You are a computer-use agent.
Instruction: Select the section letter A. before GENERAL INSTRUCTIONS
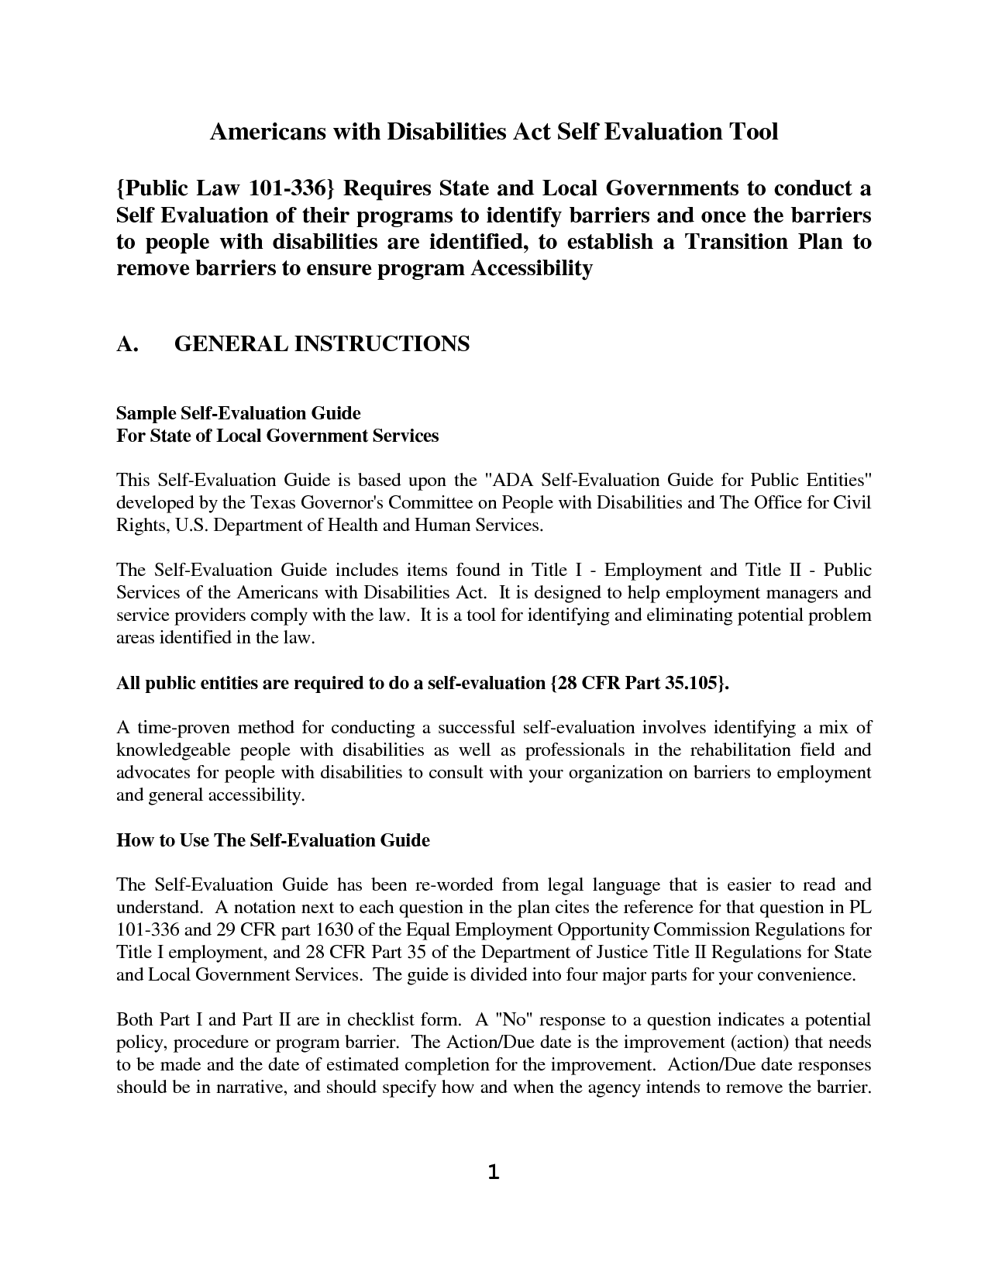[127, 343]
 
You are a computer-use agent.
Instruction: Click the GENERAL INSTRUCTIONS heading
[322, 343]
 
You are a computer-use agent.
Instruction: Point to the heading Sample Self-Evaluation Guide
[239, 412]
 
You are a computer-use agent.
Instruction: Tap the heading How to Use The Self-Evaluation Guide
[273, 840]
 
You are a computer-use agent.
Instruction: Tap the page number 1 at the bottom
[494, 1173]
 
